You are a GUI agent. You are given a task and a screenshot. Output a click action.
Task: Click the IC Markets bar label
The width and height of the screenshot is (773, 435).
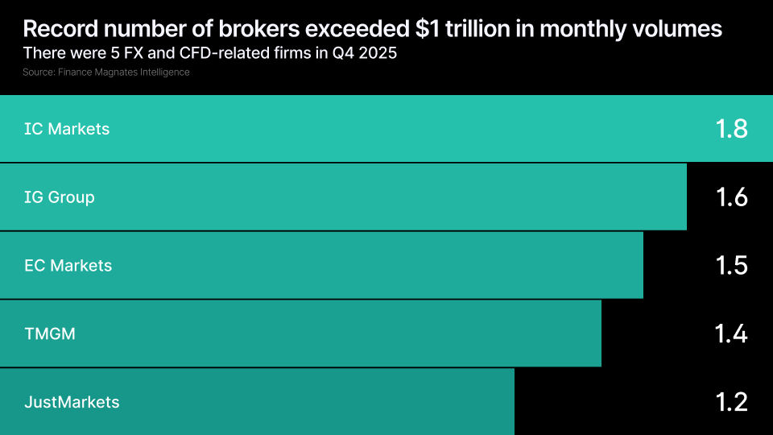[x=67, y=129]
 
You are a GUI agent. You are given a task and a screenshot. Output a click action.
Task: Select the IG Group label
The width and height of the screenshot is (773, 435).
[x=60, y=197]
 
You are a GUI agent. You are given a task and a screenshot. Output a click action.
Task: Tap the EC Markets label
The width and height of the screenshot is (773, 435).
[x=68, y=265]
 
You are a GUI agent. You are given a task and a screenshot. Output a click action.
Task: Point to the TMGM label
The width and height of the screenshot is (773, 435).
[x=50, y=333]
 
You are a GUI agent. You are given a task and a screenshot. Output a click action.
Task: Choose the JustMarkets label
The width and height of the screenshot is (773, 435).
[x=72, y=402]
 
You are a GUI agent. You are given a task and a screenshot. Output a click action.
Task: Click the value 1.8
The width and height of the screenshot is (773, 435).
[x=731, y=129]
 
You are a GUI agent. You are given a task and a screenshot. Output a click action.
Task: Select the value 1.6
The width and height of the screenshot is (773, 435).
[x=731, y=197]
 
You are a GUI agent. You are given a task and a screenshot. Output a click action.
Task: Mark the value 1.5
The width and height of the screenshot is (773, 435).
[x=731, y=265]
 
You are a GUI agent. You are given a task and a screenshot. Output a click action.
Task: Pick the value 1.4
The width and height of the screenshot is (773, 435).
[x=731, y=333]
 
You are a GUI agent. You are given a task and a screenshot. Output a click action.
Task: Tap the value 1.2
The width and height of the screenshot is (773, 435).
[x=731, y=402]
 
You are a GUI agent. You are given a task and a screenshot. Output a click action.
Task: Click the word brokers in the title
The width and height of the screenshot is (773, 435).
[x=231, y=30]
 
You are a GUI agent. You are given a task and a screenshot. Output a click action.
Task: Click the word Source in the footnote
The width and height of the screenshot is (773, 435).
[x=38, y=72]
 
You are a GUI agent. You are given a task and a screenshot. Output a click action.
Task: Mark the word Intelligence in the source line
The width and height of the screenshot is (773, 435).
[x=165, y=72]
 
